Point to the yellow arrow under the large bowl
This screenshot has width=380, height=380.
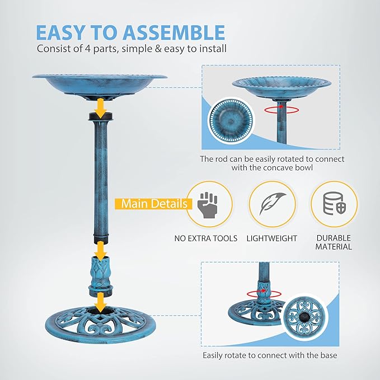[100, 107]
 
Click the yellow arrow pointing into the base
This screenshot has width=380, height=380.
[100, 303]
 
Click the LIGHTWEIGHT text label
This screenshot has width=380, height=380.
[272, 238]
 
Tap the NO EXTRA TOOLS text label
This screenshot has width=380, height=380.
[206, 238]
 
